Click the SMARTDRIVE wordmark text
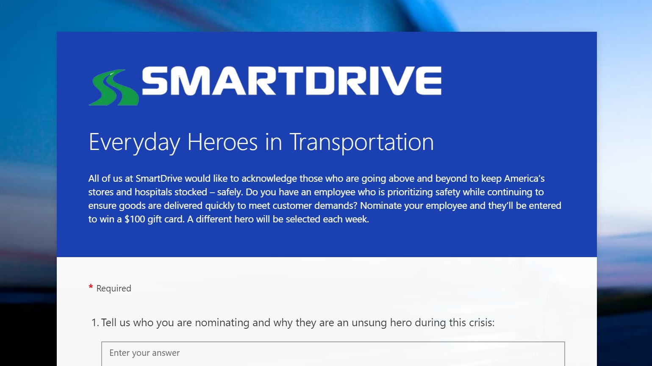coord(291,80)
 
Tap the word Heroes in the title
coord(222,142)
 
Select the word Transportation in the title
coord(361,142)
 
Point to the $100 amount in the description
coord(135,219)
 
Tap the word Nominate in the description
coord(380,206)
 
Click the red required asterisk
coord(91,288)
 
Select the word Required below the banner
coord(114,288)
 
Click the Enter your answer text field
coord(333,353)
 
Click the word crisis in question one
coord(481,323)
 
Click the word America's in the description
coord(524,179)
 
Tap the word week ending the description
coord(357,219)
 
